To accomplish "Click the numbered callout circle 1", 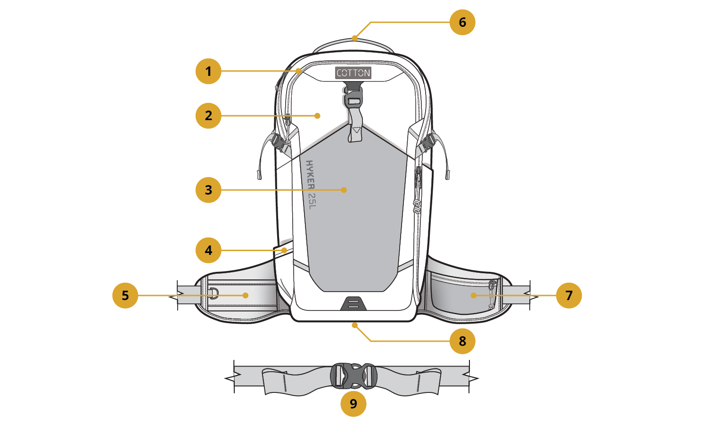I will pos(208,71).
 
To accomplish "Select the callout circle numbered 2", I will pos(208,115).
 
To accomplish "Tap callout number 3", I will pos(208,190).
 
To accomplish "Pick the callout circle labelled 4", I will pos(208,250).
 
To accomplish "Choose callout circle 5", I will pos(125,295).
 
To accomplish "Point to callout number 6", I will pos(462,22).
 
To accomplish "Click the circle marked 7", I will pos(569,295).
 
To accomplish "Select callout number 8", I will pos(462,341).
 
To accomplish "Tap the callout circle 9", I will pos(353,404).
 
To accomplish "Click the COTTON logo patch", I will pos(353,73).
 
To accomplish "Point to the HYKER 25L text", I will pos(311,184).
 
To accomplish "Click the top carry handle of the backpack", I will pos(353,44).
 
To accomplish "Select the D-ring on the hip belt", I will pos(214,293).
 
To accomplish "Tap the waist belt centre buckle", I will pos(353,376).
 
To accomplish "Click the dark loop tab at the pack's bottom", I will pos(353,303).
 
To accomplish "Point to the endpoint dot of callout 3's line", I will pos(344,190).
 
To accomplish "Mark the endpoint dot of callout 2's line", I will pos(318,115).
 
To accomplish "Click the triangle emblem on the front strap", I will pos(356,129).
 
